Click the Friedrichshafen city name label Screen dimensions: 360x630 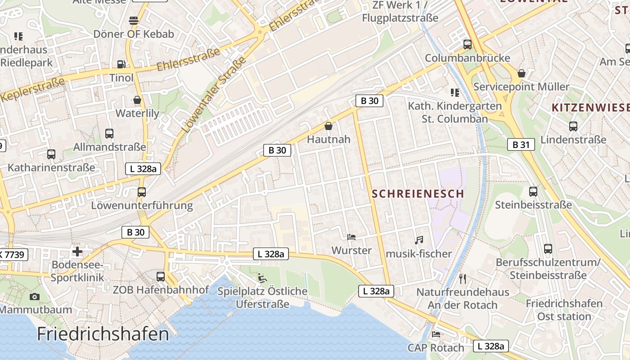pyautogui.click(x=103, y=334)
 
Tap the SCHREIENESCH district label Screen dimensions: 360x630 pyautogui.click(x=418, y=194)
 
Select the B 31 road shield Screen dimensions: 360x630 pyautogui.click(x=521, y=144)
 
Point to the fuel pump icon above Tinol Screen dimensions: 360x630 pyautogui.click(x=121, y=64)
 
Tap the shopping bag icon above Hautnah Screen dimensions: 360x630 pyautogui.click(x=328, y=126)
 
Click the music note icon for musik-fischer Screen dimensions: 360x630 pyautogui.click(x=419, y=240)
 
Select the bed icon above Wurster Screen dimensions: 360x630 pyautogui.click(x=351, y=237)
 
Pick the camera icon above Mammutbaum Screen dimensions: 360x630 pyautogui.click(x=34, y=297)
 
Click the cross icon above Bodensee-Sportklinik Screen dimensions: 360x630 pyautogui.click(x=77, y=251)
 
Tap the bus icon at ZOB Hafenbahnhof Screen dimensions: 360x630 pyautogui.click(x=161, y=276)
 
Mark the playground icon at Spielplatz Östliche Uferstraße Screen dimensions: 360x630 pyautogui.click(x=262, y=278)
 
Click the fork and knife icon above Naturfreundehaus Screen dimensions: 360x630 pyautogui.click(x=463, y=279)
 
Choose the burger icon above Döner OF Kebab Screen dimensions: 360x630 pyautogui.click(x=134, y=20)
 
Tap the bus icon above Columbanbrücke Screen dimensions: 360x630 pyautogui.click(x=468, y=44)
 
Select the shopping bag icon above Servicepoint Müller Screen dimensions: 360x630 pyautogui.click(x=522, y=73)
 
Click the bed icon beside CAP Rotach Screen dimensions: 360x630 pyautogui.click(x=436, y=334)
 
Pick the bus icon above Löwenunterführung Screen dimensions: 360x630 pyautogui.click(x=142, y=192)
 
